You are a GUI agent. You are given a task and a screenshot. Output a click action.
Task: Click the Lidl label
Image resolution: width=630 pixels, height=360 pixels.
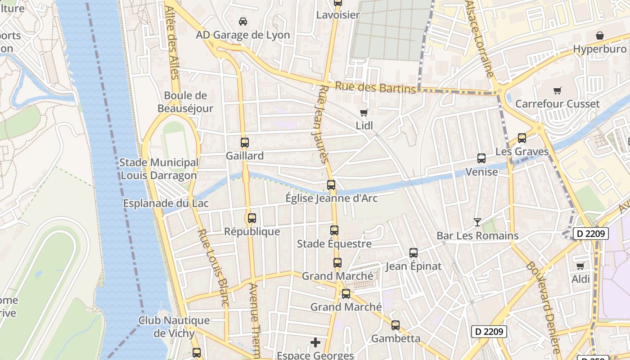[x=364, y=126]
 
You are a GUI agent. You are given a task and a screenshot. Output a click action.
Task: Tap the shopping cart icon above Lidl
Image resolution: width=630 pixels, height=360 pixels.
[x=364, y=112]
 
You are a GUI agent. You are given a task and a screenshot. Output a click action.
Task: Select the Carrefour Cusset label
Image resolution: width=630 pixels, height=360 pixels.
[x=557, y=104]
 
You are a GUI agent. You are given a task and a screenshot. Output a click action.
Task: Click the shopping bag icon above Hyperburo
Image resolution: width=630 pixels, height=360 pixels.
[x=600, y=36]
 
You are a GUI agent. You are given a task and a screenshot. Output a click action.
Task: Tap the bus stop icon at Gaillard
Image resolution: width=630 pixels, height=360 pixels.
[x=244, y=143]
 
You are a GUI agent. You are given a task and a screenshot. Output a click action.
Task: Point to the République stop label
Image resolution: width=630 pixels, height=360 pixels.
[x=252, y=232]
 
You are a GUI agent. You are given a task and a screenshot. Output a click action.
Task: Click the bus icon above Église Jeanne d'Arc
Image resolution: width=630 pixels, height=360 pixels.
[x=331, y=185]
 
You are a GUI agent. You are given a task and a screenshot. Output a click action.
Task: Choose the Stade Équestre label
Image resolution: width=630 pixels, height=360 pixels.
[x=334, y=244]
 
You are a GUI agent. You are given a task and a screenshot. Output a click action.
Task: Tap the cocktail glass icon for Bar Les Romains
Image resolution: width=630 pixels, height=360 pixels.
[x=477, y=222]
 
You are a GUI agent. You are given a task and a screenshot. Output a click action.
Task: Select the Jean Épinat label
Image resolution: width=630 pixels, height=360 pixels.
[x=414, y=266]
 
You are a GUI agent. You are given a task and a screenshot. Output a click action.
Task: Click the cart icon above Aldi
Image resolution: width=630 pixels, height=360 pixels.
[x=580, y=266]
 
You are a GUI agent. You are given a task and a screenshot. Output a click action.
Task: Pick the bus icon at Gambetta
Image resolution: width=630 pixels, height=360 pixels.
[x=396, y=325]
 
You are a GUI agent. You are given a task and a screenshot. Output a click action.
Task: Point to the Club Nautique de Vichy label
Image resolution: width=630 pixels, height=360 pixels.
[x=174, y=327]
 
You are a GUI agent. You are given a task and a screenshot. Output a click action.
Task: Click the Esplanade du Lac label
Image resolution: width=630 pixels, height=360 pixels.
[x=166, y=203]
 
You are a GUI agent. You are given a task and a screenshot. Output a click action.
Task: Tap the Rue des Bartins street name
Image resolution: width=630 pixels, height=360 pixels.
[x=375, y=87]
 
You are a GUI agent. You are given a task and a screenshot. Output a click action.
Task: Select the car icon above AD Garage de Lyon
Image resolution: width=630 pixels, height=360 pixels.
[x=243, y=22]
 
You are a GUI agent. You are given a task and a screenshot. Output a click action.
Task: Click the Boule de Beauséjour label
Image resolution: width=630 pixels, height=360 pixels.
[x=185, y=102]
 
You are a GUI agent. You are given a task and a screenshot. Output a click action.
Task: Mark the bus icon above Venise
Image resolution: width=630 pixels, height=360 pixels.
[x=481, y=158]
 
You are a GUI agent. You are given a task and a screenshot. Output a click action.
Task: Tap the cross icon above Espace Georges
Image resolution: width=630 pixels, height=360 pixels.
[x=315, y=343]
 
